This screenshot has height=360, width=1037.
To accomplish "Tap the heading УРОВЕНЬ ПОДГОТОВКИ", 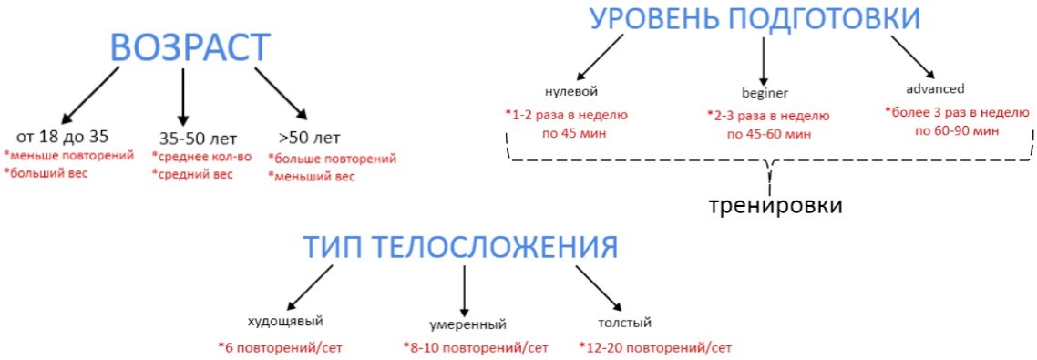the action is tap(755, 19).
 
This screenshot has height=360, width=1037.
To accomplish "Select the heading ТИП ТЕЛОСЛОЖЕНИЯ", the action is tap(461, 248).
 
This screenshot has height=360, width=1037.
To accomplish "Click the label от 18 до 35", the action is tap(62, 138).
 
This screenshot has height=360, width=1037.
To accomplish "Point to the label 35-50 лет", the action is tap(198, 139).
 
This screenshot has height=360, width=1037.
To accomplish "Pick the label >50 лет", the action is tap(309, 139).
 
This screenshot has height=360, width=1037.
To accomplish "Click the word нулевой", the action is tap(571, 92).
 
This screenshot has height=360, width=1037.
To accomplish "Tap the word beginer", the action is tap(765, 93).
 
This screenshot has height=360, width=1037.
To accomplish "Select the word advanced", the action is tap(934, 89).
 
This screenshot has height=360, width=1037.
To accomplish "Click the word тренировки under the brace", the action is tap(775, 204).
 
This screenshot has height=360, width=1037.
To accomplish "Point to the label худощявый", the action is tap(285, 321).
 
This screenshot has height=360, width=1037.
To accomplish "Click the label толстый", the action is tap(624, 322).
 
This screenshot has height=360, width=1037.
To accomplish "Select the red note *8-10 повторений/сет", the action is tap(476, 347).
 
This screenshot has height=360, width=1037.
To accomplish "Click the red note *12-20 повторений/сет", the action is tap(654, 347).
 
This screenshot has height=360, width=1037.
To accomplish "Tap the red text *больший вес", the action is tap(46, 172).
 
